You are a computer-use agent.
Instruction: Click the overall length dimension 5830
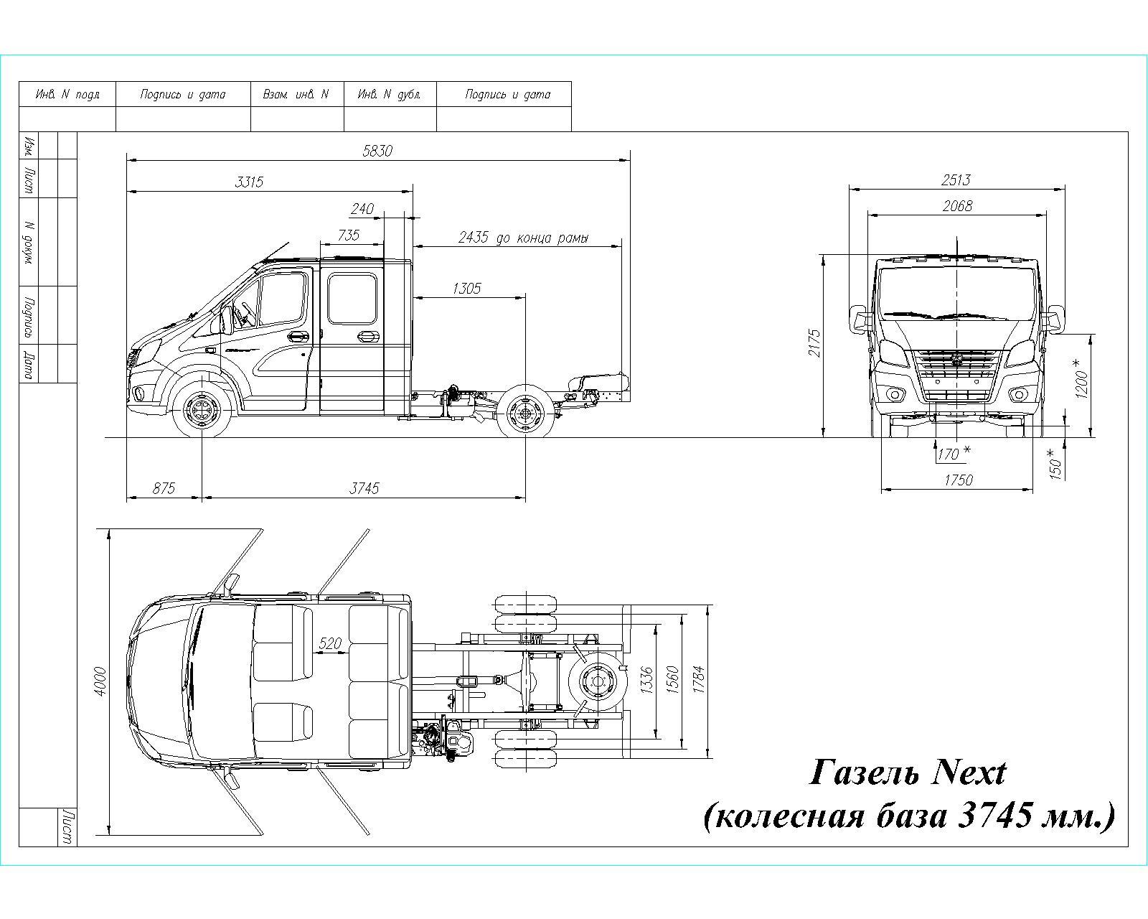point(377,151)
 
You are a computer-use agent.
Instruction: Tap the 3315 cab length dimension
point(249,182)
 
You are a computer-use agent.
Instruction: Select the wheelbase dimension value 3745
point(364,488)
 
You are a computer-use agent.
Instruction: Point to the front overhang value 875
point(164,488)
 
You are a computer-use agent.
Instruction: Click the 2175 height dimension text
point(814,343)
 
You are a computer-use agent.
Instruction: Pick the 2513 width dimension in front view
point(956,180)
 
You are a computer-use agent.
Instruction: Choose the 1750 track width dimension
point(958,480)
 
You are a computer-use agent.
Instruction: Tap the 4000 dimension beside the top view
point(100,681)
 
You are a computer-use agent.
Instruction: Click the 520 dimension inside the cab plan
point(329,643)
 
